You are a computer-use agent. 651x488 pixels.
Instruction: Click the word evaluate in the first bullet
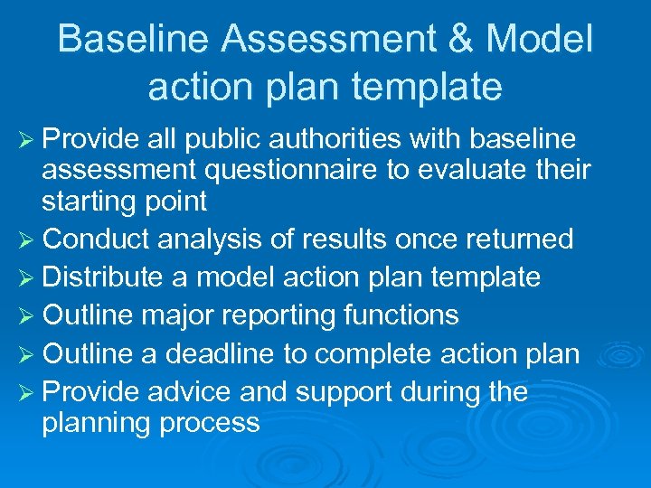pos(464,169)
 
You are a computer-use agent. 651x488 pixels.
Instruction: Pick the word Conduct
pos(99,239)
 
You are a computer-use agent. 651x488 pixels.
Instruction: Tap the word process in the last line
pos(210,422)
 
